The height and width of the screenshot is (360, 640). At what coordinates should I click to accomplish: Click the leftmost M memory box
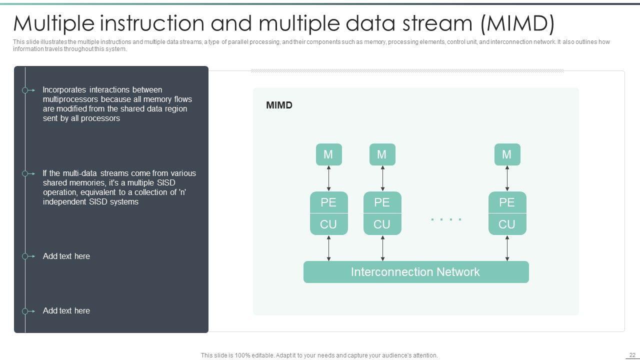tap(328, 154)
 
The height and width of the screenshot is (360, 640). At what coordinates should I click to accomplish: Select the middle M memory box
tap(382, 154)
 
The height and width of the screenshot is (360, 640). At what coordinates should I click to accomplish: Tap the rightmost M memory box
tap(507, 154)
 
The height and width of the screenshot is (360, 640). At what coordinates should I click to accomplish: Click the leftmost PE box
tap(328, 202)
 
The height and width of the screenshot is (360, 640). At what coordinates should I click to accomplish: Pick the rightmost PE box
tap(507, 202)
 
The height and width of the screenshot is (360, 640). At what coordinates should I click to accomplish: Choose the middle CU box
tap(382, 224)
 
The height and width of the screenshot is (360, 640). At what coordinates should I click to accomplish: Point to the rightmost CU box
tap(507, 224)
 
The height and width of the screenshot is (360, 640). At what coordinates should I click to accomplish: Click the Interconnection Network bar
tap(415, 272)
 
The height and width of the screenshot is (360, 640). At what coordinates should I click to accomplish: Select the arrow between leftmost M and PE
tap(328, 178)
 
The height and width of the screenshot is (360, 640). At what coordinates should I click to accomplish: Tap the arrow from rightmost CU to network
tap(507, 248)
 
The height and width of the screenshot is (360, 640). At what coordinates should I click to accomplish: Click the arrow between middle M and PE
tap(382, 178)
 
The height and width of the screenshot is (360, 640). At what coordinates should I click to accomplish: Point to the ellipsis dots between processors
tap(446, 219)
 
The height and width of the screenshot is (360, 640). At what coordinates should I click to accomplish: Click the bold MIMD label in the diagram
tap(279, 105)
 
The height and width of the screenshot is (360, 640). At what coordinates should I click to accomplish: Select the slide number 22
tap(632, 355)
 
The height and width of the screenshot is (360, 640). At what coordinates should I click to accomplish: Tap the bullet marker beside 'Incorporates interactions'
tap(25, 90)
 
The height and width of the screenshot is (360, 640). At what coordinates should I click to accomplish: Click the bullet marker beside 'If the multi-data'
tap(25, 173)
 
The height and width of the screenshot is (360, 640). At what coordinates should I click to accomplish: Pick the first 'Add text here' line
tap(66, 256)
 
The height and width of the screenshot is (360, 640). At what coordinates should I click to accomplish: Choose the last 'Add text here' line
tap(66, 310)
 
